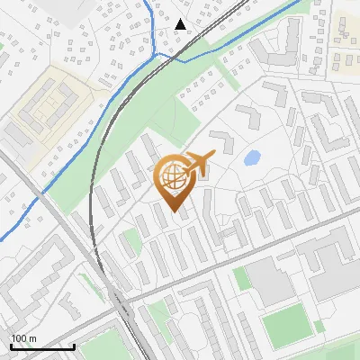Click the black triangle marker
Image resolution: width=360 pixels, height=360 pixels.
(x=181, y=24)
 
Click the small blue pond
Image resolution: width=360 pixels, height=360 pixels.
(x=252, y=157)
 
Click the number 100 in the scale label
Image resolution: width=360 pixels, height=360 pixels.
(x=20, y=338)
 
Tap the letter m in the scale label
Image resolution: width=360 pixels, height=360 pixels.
(x=32, y=338)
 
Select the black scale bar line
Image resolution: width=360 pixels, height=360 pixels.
(x=41, y=346)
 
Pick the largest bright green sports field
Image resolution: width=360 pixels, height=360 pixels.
(x=286, y=326)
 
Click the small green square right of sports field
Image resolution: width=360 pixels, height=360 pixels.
(x=319, y=326)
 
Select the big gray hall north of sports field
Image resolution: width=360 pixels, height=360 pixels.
(x=275, y=279)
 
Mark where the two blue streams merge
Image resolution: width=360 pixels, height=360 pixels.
(x=159, y=55)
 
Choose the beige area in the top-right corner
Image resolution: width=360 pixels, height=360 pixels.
(x=346, y=40)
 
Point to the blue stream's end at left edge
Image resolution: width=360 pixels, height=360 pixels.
(x=2, y=239)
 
